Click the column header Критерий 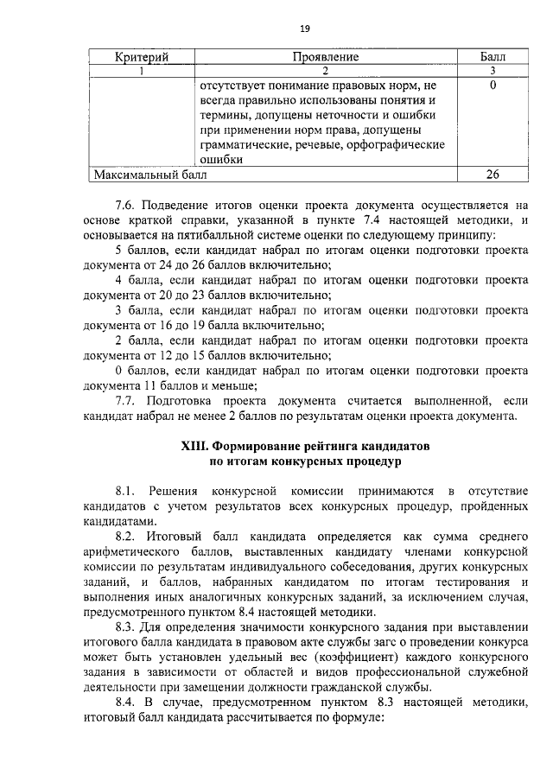tap(141, 57)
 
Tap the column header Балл tap(493, 57)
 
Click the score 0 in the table tap(492, 86)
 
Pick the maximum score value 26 tap(493, 174)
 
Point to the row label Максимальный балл tap(150, 174)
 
